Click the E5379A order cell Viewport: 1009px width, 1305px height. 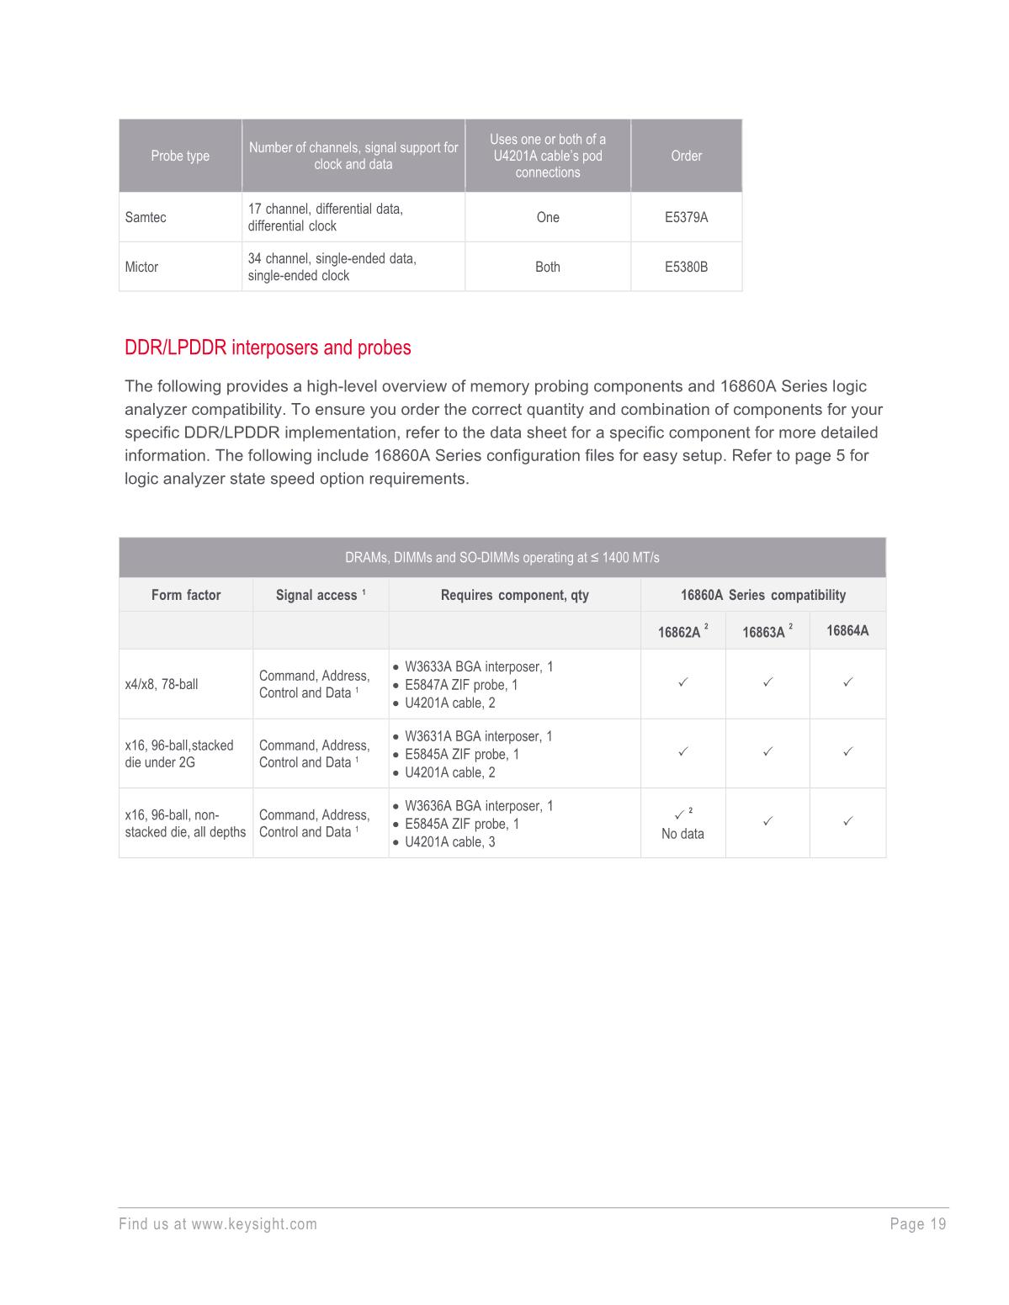tap(686, 217)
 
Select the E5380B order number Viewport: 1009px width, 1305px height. tap(686, 267)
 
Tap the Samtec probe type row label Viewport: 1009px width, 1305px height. tap(146, 217)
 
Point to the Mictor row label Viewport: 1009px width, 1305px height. tap(141, 267)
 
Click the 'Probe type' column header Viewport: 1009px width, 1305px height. tap(180, 156)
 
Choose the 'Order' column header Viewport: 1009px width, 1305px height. tap(686, 156)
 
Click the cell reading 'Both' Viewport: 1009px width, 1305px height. tap(547, 267)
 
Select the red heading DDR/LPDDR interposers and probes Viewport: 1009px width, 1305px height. tap(268, 347)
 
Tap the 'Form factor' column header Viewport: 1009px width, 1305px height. tap(186, 595)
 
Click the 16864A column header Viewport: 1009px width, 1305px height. tap(847, 630)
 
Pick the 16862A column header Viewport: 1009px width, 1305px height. tap(680, 632)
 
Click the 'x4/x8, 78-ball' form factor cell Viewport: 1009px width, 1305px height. tap(162, 684)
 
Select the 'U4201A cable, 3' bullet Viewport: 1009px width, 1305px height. tap(449, 841)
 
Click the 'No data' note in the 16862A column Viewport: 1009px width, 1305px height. tap(682, 834)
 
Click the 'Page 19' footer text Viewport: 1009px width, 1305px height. tap(918, 1224)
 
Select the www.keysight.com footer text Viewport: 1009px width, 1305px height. tap(254, 1224)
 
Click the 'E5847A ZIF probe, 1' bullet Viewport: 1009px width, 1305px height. tap(461, 685)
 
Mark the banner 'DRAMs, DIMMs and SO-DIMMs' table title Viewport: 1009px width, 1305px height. tap(502, 558)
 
